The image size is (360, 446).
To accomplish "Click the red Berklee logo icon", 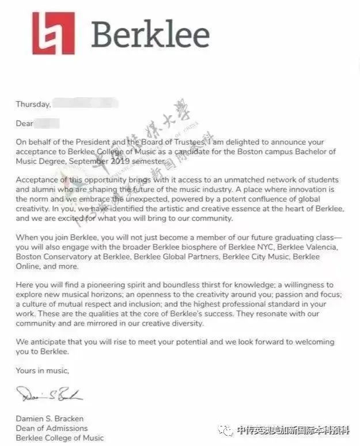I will [54, 34].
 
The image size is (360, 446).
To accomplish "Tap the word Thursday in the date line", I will [33, 104].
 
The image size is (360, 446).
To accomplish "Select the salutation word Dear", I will [24, 123].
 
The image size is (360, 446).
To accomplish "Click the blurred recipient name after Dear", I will [47, 123].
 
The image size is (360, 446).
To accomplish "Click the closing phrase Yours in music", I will [42, 371].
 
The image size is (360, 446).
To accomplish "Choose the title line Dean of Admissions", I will [52, 428].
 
